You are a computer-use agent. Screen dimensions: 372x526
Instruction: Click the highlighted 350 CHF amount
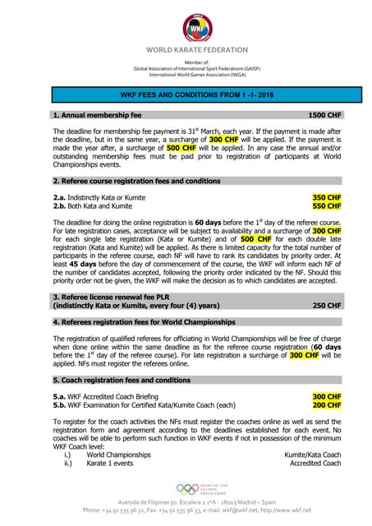pos(327,198)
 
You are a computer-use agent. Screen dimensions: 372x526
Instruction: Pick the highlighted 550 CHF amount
pos(327,206)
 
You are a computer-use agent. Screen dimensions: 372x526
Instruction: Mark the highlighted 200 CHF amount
pos(327,405)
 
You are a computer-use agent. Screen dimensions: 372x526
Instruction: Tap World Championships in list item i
pos(119,454)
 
